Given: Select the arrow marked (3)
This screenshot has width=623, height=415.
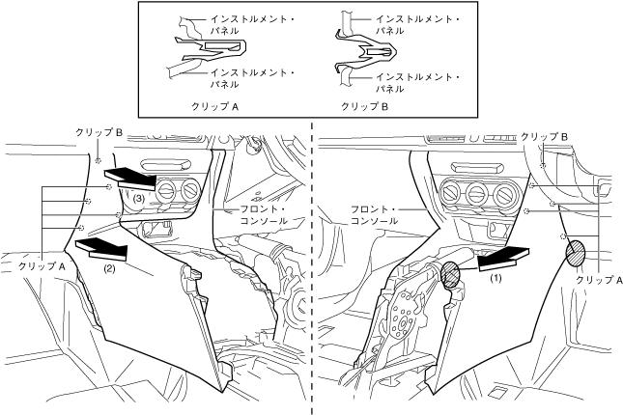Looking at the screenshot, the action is pos(131,176).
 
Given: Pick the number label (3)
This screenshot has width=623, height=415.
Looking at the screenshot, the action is pos(139,198).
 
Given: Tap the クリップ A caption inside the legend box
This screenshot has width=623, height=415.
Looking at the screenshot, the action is pos(213,107).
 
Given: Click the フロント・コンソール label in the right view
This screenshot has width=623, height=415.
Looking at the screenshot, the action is pos(376,214).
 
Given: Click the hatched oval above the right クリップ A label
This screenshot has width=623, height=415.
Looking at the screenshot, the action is pos(575,253).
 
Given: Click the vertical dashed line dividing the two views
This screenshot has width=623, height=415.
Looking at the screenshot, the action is pos(311,270).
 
